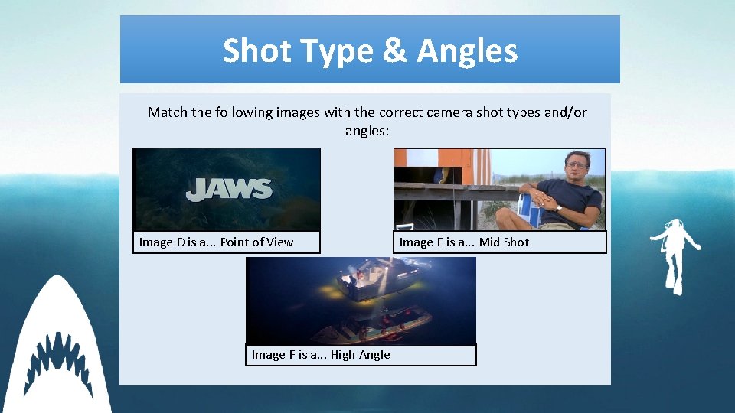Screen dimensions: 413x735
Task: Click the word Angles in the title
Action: [467, 51]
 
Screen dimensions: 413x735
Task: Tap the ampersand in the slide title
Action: [395, 51]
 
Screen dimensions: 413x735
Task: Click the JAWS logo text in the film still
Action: [228, 189]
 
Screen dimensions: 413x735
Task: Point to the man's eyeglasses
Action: [575, 164]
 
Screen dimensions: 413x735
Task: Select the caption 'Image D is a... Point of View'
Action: [216, 242]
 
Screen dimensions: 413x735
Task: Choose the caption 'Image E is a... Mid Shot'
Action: [463, 242]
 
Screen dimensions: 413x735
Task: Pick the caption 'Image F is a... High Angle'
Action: [321, 355]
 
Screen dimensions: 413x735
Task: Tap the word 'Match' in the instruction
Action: [167, 112]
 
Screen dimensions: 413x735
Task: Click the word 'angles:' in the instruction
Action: [367, 131]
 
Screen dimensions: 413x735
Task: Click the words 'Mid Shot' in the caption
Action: [504, 242]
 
